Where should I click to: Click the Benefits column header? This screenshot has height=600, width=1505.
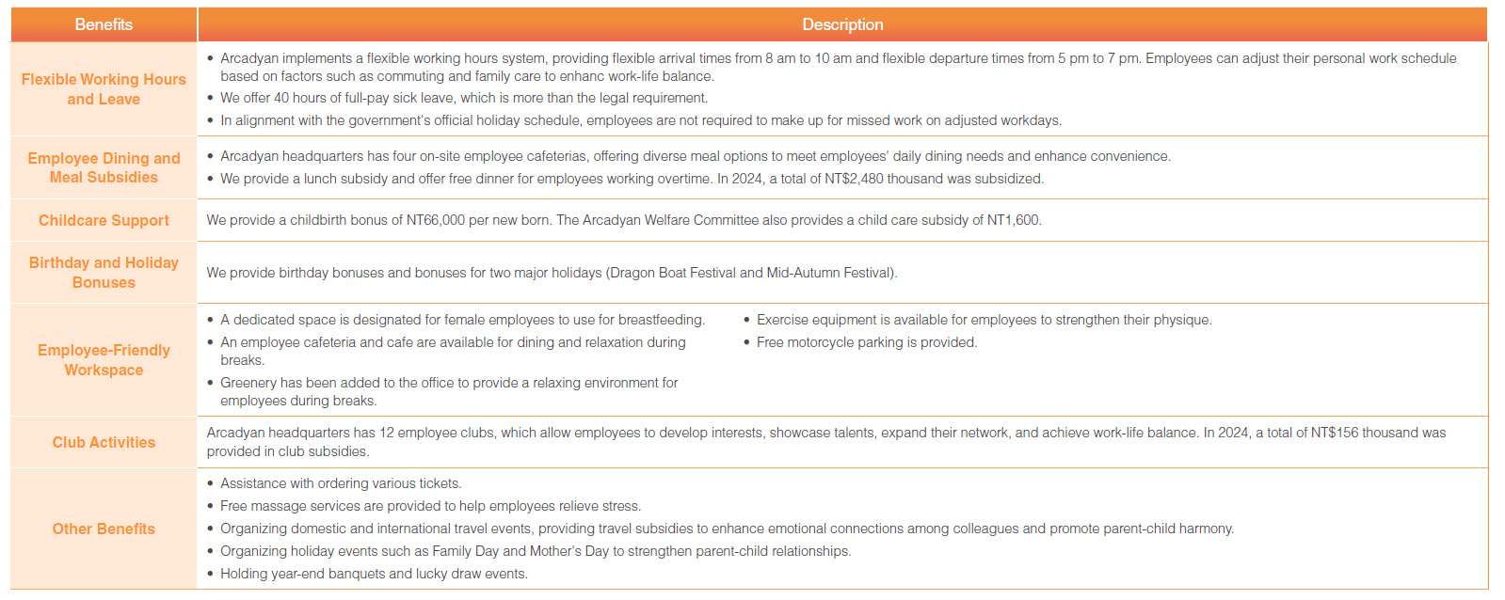click(104, 24)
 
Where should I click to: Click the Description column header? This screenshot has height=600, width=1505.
click(842, 24)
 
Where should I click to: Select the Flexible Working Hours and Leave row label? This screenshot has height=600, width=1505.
click(104, 89)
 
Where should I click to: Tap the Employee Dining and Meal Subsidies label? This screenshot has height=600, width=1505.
click(104, 167)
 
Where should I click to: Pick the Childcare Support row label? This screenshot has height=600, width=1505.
click(104, 220)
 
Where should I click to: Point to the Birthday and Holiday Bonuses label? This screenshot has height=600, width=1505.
click(104, 273)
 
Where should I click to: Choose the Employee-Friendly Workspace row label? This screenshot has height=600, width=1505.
click(104, 360)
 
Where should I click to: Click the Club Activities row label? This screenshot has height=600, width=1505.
click(104, 442)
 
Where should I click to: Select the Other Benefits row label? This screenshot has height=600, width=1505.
click(104, 529)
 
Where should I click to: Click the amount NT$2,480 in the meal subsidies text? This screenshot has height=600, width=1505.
click(854, 179)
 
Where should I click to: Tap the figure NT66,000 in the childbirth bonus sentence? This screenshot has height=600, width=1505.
click(436, 220)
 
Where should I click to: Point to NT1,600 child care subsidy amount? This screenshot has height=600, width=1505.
click(1013, 220)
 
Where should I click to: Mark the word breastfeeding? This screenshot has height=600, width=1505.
click(661, 320)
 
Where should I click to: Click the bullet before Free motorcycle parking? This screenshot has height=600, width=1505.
click(746, 342)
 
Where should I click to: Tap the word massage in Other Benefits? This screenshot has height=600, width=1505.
click(279, 506)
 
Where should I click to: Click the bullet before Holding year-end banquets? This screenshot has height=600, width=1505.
click(210, 574)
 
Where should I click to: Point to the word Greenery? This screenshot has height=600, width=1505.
click(248, 383)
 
